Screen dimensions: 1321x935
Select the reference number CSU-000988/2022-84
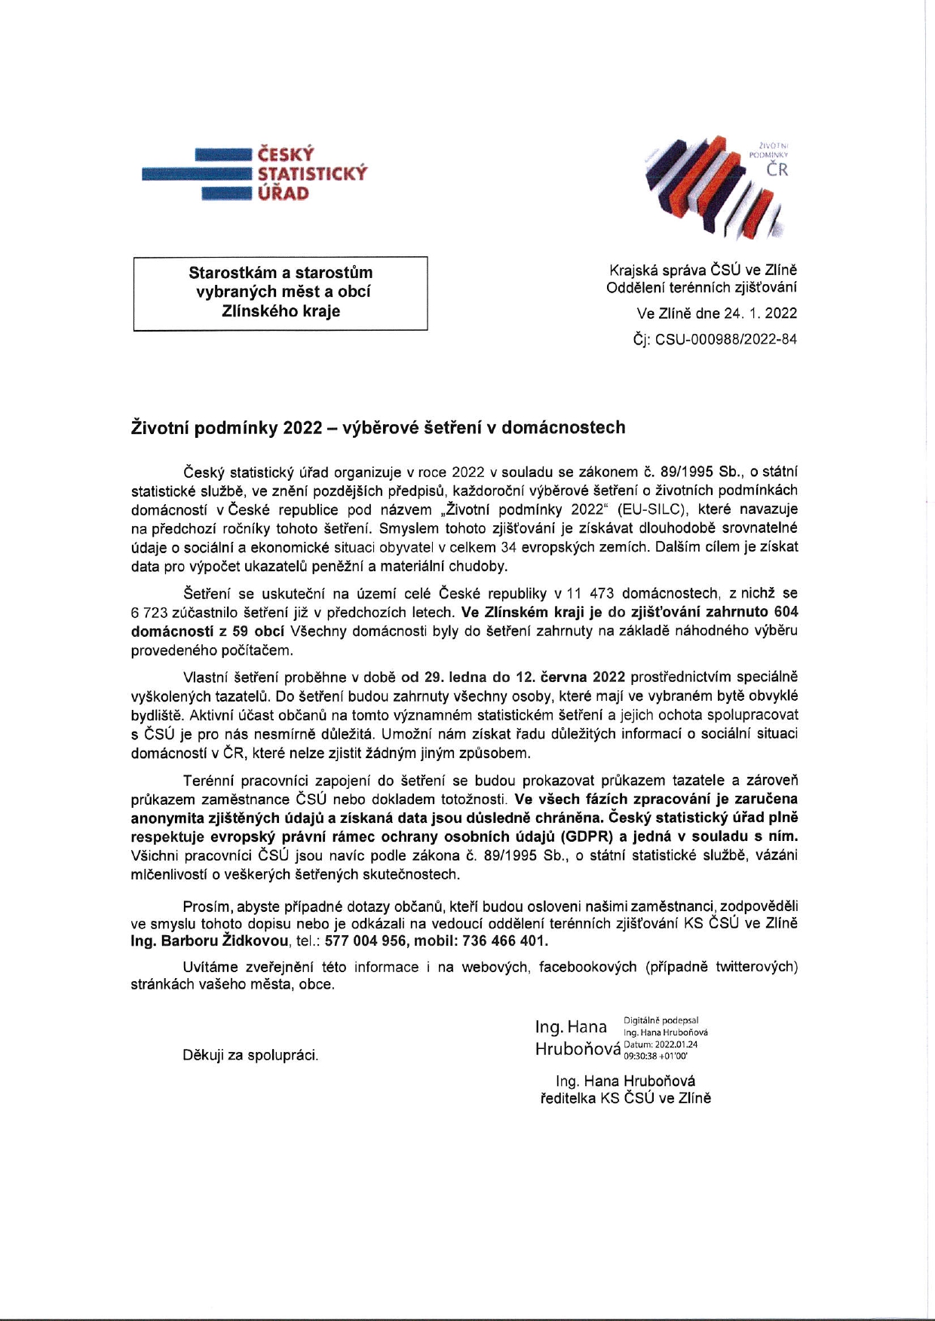coord(725,339)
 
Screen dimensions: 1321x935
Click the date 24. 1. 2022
coord(760,313)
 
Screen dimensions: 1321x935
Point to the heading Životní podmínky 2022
coord(378,427)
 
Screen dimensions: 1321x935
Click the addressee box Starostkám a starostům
coord(280,292)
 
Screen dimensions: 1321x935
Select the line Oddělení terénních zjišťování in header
coord(701,287)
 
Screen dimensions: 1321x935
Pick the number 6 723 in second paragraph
coord(155,613)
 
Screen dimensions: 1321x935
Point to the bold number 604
coord(786,613)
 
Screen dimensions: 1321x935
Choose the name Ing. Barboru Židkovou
coord(210,941)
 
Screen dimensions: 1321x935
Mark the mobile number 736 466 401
coord(506,941)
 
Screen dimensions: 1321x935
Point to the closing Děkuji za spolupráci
coord(250,1055)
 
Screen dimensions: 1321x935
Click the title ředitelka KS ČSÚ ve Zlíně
coord(625,1098)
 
